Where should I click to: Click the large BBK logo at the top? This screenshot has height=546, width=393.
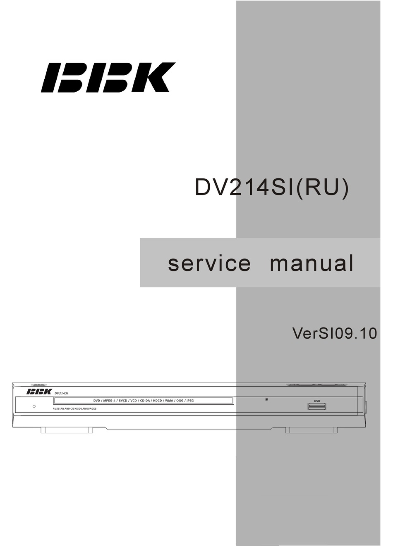108,77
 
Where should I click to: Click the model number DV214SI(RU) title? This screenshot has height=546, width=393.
272,188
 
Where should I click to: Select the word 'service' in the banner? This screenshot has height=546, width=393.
209,263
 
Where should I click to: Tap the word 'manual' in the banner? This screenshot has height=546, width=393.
312,263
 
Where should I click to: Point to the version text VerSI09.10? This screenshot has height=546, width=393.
334,333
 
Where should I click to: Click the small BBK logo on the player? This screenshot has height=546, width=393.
39,392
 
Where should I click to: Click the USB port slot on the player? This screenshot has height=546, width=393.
317,407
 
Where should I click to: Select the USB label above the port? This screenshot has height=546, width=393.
317,401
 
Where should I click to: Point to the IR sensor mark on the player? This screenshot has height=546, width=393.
267,400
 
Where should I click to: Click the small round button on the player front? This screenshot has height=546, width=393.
34,406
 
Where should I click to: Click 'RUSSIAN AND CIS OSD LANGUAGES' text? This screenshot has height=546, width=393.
74,408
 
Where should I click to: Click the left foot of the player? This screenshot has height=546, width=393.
67,430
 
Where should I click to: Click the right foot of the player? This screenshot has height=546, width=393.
311,430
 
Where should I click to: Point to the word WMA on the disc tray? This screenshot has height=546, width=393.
169,401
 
